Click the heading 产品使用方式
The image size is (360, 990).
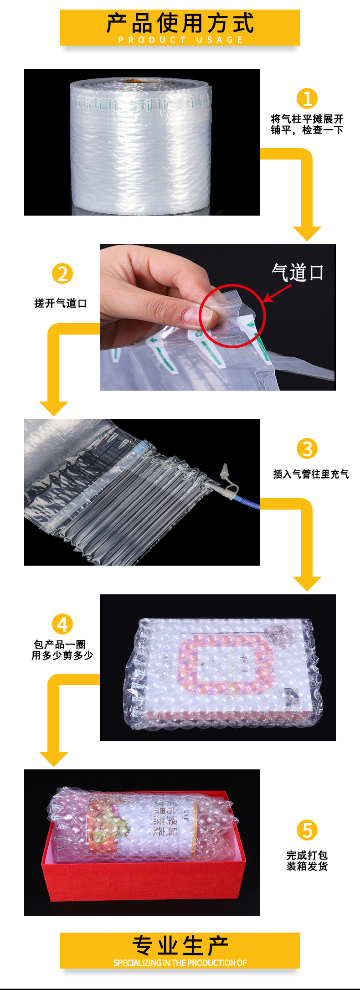pos(180,23)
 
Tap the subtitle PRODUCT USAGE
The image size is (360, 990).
pos(180,40)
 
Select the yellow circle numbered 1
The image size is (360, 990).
pos(307,98)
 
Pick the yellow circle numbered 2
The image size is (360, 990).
pos(62,273)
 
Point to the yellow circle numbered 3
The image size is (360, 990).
pos(307,449)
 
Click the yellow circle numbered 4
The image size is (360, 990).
pos(62,624)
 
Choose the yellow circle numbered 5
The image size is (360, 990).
pos(307,830)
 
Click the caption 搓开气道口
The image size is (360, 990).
pos(61,303)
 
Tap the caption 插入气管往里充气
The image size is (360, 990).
pos(311,474)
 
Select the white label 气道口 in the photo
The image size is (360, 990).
pos(298,273)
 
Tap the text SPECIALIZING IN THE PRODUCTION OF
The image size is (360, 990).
pos(180,963)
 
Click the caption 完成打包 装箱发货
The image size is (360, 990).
pos(307,861)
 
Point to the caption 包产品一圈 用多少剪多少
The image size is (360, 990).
pos(62,650)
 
